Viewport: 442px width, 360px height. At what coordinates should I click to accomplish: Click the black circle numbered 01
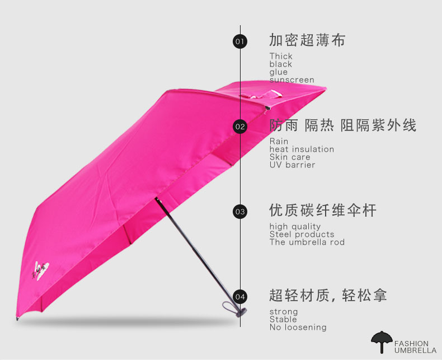240,41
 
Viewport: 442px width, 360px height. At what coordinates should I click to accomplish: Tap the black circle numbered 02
240,127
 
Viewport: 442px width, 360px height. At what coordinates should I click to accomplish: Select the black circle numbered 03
240,212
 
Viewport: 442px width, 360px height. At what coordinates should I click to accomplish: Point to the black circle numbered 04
240,297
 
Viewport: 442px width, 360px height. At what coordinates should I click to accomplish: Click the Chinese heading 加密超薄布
307,40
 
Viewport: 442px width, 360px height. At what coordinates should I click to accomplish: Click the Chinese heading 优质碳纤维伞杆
323,211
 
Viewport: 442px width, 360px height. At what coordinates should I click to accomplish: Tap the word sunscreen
291,80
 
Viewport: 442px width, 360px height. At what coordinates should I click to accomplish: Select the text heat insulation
302,149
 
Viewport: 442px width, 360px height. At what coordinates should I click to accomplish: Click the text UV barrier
292,165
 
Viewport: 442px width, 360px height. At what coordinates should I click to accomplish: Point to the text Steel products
302,235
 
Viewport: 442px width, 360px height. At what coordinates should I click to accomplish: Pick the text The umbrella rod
307,242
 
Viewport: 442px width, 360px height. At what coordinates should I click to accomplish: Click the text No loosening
298,328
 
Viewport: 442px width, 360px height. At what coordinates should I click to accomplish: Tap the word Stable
284,320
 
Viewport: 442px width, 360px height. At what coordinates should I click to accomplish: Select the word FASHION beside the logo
411,343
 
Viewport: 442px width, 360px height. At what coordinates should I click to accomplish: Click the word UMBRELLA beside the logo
415,350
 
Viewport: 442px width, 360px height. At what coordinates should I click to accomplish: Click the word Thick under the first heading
281,56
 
